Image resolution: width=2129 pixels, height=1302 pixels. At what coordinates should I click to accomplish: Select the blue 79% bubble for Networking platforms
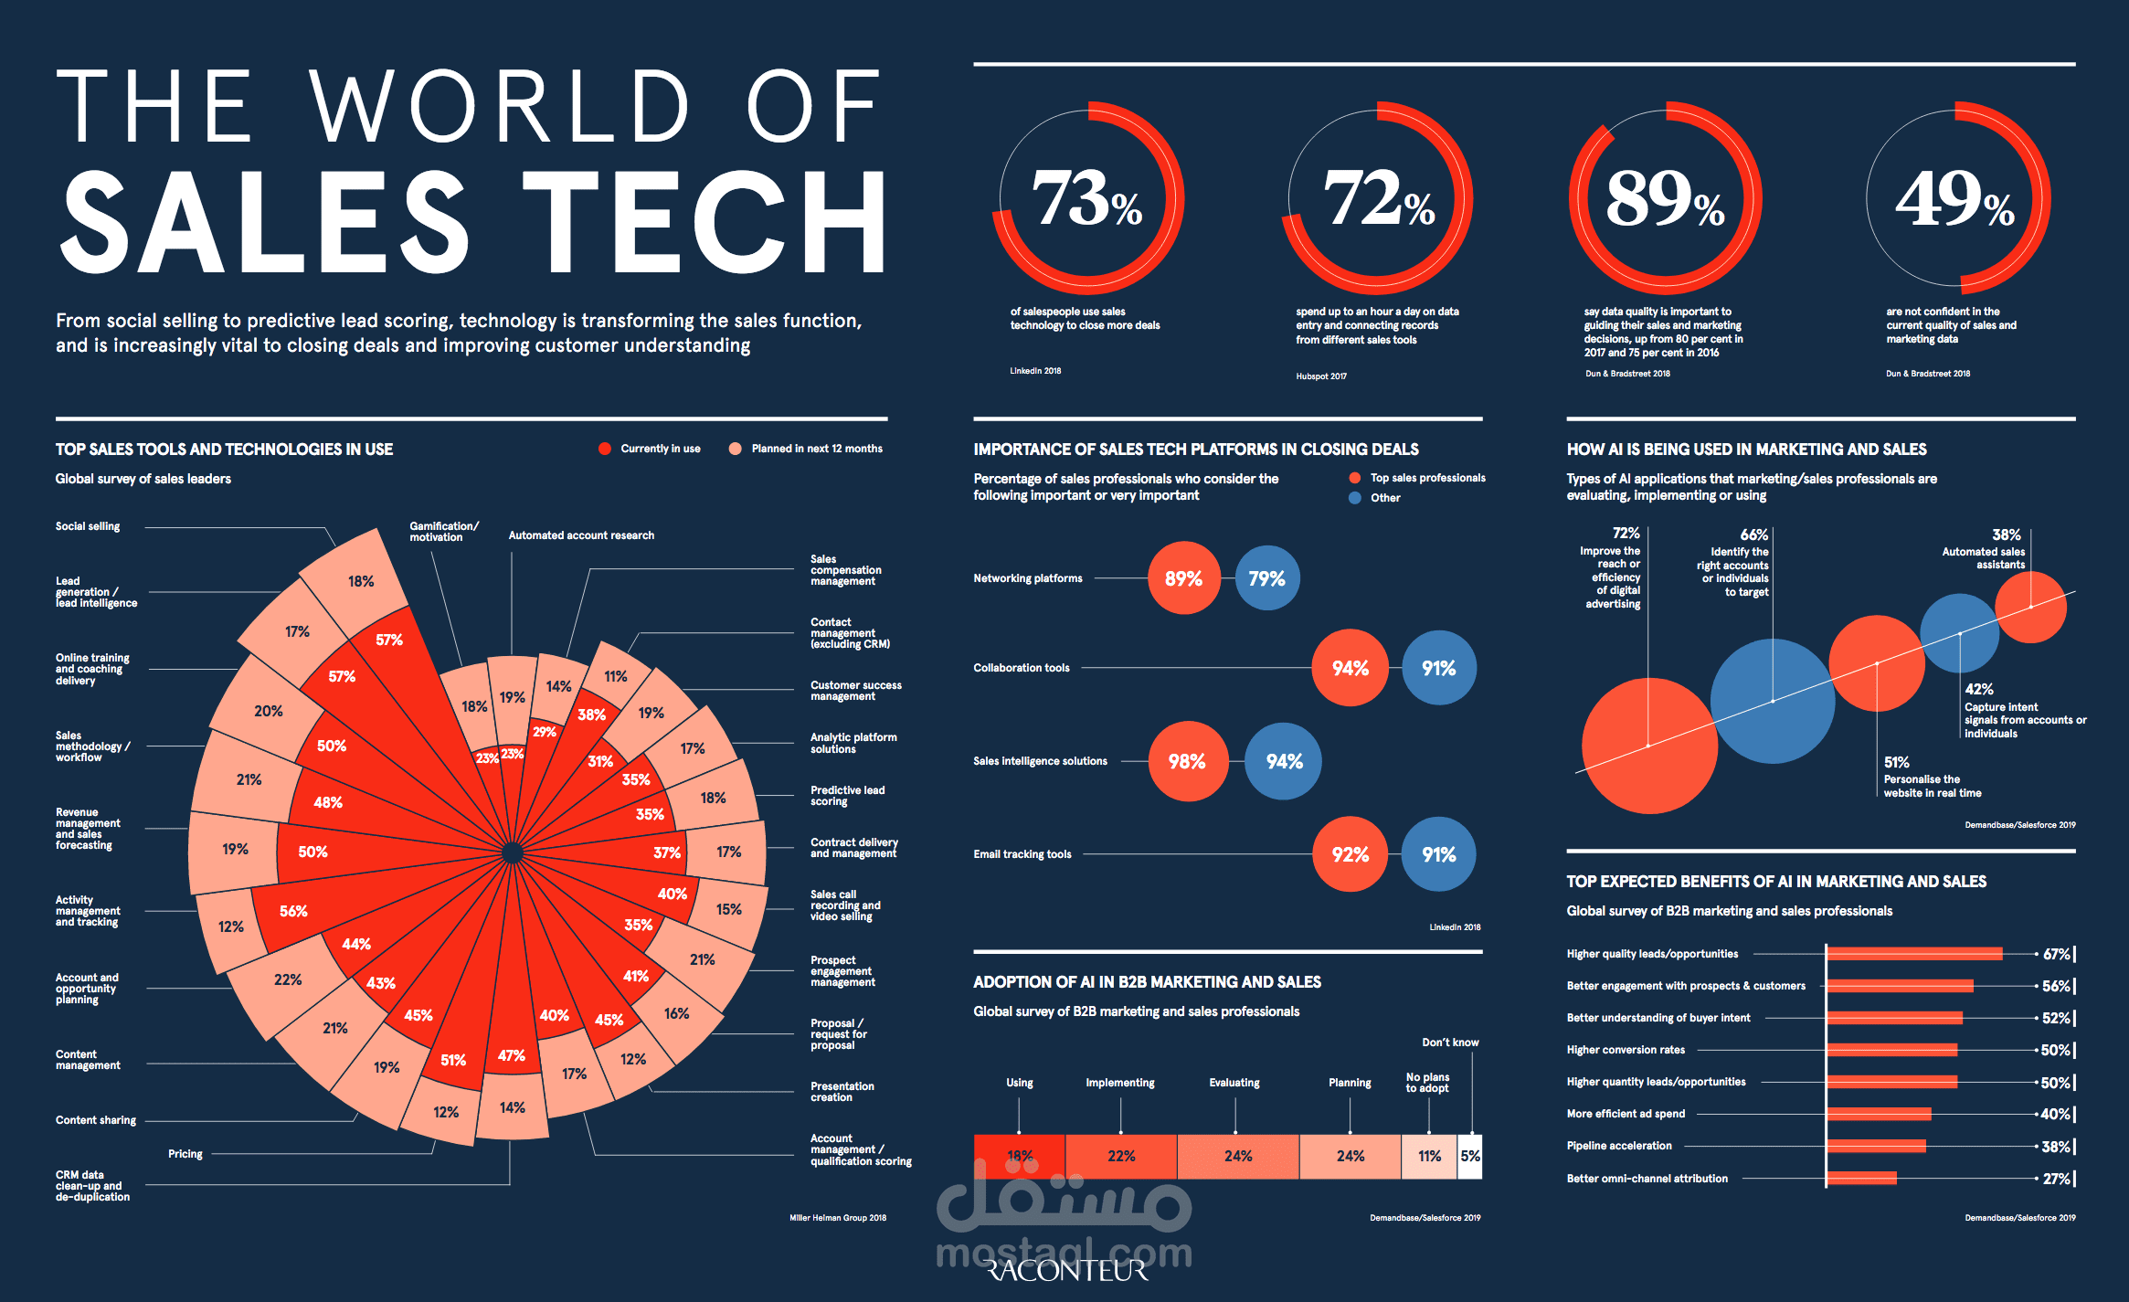pyautogui.click(x=1266, y=578)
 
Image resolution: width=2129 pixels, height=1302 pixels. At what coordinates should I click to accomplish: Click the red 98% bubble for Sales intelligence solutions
pyautogui.click(x=1187, y=761)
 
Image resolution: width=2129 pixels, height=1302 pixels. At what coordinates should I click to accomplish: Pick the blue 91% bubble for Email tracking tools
pyautogui.click(x=1438, y=854)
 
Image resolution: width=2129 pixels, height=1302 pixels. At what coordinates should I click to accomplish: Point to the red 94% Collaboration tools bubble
pyautogui.click(x=1350, y=668)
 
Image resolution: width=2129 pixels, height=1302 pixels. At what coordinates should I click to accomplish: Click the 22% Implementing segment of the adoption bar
pyautogui.click(x=1121, y=1156)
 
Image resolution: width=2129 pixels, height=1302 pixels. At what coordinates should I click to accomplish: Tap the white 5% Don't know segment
pyautogui.click(x=1469, y=1156)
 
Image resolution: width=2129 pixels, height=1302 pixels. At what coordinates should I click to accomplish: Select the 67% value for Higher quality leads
pyautogui.click(x=2056, y=954)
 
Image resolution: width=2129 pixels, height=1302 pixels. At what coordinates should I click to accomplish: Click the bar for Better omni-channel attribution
pyautogui.click(x=1861, y=1179)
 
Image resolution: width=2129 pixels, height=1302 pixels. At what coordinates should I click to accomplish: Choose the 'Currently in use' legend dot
pyautogui.click(x=604, y=449)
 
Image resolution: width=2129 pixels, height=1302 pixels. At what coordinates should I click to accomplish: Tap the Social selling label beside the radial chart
pyautogui.click(x=88, y=526)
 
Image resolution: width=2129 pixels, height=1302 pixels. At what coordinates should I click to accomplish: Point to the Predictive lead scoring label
pyautogui.click(x=847, y=795)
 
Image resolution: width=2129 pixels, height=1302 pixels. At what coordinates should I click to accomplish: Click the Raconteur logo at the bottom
pyautogui.click(x=1066, y=1271)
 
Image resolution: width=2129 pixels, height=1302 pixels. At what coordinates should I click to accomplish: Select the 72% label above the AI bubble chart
pyautogui.click(x=1626, y=533)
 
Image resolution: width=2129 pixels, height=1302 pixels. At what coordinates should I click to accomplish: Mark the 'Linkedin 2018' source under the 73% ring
pyautogui.click(x=1035, y=371)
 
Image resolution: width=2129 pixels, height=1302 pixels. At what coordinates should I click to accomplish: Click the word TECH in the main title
pyautogui.click(x=704, y=224)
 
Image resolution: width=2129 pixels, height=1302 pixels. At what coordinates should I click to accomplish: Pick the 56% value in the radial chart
pyautogui.click(x=293, y=911)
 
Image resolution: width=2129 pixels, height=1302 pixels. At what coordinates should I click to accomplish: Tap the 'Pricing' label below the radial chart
pyautogui.click(x=185, y=1154)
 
